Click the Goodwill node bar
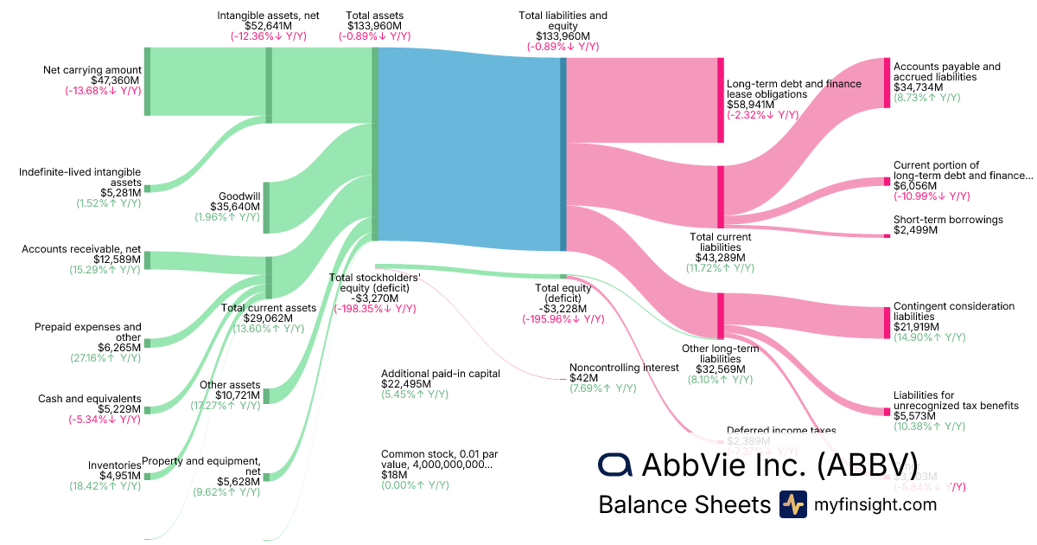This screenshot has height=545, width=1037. [x=268, y=207]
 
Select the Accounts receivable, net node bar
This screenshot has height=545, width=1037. [x=147, y=260]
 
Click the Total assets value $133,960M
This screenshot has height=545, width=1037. [x=374, y=26]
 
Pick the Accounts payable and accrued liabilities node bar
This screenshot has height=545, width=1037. [x=887, y=82]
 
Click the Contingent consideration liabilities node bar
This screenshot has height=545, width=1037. [x=887, y=322]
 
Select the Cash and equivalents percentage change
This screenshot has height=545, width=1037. [x=105, y=420]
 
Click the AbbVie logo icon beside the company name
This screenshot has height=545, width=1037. [x=615, y=465]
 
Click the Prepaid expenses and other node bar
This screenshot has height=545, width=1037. [x=147, y=343]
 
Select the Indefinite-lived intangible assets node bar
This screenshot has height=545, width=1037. [x=147, y=188]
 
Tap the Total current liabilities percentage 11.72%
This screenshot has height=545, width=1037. [x=721, y=268]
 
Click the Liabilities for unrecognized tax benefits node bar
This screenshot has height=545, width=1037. [x=887, y=403]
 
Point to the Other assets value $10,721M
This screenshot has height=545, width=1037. [x=229, y=394]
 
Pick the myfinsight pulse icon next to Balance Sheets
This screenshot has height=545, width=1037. [x=792, y=504]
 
